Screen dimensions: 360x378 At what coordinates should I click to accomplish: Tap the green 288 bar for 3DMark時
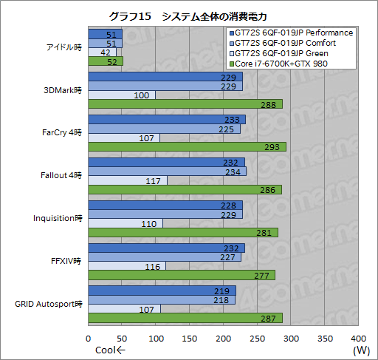click(x=185, y=105)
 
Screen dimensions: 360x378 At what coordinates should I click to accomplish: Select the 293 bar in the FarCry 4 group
click(x=187, y=147)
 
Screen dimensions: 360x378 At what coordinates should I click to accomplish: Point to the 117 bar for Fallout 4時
click(x=128, y=180)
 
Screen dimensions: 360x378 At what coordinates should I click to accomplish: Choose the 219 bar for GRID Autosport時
click(x=162, y=291)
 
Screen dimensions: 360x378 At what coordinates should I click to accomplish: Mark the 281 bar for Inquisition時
click(x=182, y=232)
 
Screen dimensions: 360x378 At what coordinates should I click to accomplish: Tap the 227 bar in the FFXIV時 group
click(x=165, y=258)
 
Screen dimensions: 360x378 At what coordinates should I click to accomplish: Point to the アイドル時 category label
click(x=63, y=48)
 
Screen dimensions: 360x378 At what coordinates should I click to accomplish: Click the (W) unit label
click(x=361, y=350)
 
